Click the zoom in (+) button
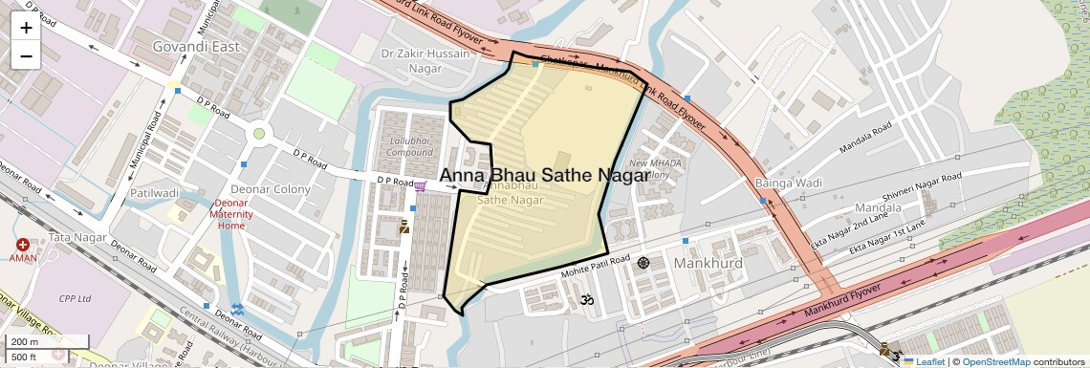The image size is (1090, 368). [26, 28]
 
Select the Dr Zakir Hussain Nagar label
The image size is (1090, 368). [426, 61]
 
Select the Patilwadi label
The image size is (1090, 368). [155, 192]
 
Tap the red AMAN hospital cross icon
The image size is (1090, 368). [22, 246]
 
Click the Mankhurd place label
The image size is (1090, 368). [708, 262]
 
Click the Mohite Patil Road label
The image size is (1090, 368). [595, 264]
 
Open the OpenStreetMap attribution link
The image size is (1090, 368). [995, 361]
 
